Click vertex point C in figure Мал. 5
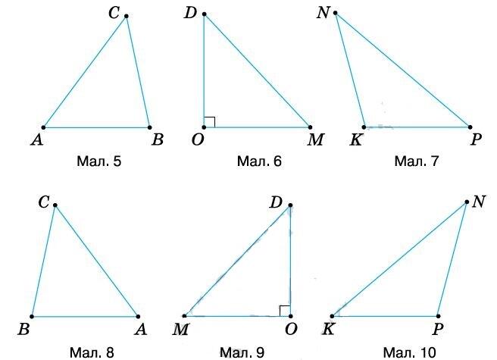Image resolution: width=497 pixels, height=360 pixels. pyautogui.click(x=127, y=16)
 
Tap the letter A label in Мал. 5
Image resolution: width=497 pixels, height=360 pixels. pyautogui.click(x=37, y=139)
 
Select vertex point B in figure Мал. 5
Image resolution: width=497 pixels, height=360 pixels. pyautogui.click(x=149, y=127)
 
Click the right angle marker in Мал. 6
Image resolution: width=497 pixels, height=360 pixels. pyautogui.click(x=210, y=122)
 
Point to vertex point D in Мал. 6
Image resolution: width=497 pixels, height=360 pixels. pyautogui.click(x=204, y=14)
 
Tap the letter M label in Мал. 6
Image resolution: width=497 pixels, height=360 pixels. pyautogui.click(x=315, y=139)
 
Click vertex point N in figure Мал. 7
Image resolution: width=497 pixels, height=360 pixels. pyautogui.click(x=336, y=13)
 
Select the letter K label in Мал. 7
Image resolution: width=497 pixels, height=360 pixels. pyautogui.click(x=356, y=139)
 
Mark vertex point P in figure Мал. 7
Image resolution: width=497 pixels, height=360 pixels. pyautogui.click(x=470, y=127)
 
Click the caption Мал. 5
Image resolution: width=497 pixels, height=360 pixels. pyautogui.click(x=99, y=161)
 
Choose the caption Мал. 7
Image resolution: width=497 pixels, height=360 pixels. pyautogui.click(x=417, y=161)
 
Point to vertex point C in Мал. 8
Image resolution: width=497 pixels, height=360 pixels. pyautogui.click(x=55, y=205)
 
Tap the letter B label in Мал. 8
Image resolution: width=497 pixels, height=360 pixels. pyautogui.click(x=23, y=329)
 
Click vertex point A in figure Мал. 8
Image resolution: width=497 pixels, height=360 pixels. pyautogui.click(x=138, y=316)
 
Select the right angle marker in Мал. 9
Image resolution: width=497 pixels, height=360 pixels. pyautogui.click(x=285, y=311)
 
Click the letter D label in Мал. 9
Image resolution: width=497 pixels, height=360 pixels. pyautogui.click(x=276, y=202)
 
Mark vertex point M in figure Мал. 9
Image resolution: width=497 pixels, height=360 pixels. pyautogui.click(x=184, y=316)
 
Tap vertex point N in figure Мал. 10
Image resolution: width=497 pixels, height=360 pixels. pyautogui.click(x=467, y=202)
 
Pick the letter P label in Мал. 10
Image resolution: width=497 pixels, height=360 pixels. pyautogui.click(x=437, y=329)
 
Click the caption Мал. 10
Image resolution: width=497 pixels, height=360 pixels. pyautogui.click(x=410, y=352)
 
